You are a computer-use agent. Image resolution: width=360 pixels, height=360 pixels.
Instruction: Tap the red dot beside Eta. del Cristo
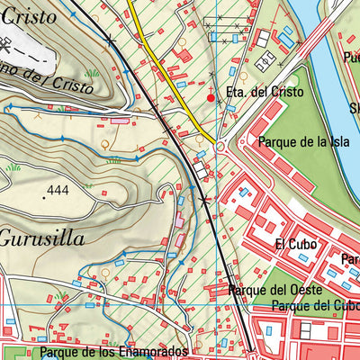211,97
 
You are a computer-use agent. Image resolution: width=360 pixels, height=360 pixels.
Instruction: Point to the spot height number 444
58,191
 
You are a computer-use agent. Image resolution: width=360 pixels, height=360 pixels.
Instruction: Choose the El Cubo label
292,244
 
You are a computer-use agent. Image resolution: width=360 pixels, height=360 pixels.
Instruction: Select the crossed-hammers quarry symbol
110,40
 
